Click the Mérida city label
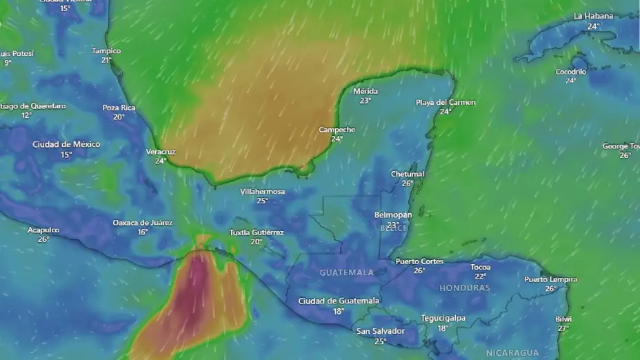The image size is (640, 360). coord(366,91)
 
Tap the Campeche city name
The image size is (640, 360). coord(337,130)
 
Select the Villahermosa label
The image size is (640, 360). coord(262,192)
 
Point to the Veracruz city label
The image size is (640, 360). coord(161,152)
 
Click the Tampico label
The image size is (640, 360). coord(106,51)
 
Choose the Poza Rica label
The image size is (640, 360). coord(119,108)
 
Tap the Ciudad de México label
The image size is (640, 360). coord(66,145)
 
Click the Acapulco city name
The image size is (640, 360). coord(43,230)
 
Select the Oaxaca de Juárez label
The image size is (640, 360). coord(143,223)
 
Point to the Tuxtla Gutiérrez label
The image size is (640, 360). coord(257,232)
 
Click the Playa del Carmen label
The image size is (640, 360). coord(446,103)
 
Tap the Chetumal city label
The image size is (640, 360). coord(408,174)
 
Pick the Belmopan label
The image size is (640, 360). coord(393,215)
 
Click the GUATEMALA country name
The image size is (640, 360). coord(346,272)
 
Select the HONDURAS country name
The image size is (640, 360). coord(464,288)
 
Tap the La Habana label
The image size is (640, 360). coord(593,17)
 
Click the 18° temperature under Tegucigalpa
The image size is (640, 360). coord(443,328)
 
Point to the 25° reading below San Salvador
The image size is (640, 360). coord(380,341)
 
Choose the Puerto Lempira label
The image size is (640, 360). coord(550,279)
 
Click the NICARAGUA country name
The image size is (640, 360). coord(512,352)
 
